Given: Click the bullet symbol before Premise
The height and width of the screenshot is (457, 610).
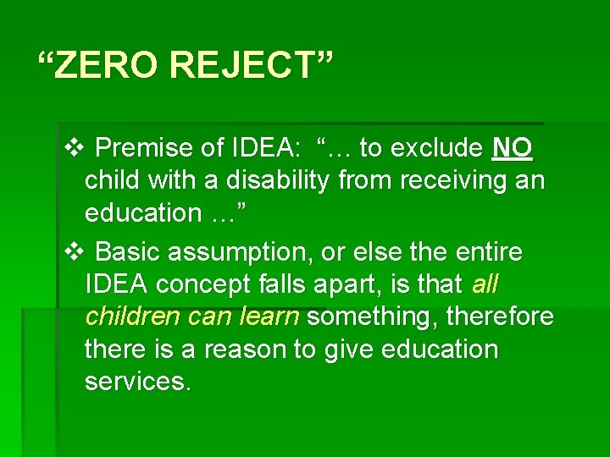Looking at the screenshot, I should (72, 148).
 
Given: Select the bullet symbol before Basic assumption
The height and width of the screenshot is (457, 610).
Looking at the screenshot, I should (72, 251).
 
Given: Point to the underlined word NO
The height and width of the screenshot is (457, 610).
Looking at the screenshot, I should (513, 148).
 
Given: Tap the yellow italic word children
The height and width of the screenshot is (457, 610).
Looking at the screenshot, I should (132, 317).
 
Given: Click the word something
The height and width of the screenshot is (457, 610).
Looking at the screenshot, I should (373, 317).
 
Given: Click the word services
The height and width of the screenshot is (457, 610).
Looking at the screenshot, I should (138, 381).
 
